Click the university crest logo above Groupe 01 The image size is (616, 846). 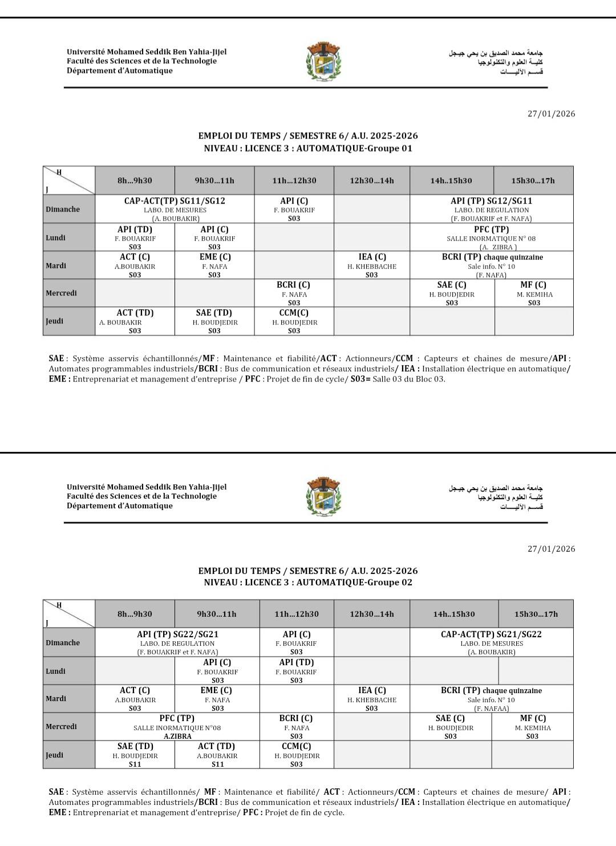point(323,61)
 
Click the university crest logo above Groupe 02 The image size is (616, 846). point(323,496)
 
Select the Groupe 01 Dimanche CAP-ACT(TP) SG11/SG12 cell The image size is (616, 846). point(175,209)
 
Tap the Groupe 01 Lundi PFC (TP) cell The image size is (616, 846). point(491,238)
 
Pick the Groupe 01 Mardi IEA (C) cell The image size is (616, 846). point(372,266)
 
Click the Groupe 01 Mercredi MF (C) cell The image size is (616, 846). point(533,293)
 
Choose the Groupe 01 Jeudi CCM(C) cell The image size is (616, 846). point(294,321)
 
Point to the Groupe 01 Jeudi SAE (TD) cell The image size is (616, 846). point(214,321)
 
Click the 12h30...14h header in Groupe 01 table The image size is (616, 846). point(372,181)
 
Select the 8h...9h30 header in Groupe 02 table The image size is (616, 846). point(135,614)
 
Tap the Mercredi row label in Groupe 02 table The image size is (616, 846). point(61,727)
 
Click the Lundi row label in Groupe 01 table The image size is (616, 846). point(56,238)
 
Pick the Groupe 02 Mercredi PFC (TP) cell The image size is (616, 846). point(177,727)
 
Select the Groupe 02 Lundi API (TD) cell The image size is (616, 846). point(297,671)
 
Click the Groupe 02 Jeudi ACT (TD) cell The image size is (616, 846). point(217,755)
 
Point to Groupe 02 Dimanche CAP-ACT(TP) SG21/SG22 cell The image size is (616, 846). point(491,642)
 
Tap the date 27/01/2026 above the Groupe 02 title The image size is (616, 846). point(552,549)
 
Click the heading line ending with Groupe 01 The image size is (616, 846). point(308,148)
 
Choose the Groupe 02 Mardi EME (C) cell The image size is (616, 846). point(217,699)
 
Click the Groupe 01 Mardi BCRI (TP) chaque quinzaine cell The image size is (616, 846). point(491,266)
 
